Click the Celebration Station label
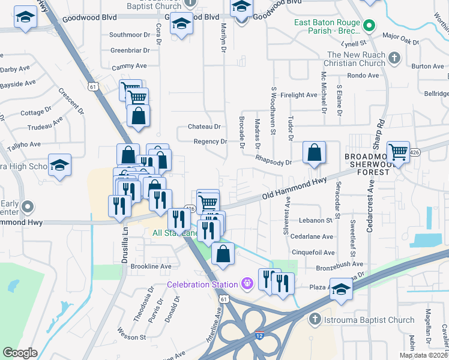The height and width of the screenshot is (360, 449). click(202, 284)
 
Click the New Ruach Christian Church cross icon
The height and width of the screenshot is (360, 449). click(394, 58)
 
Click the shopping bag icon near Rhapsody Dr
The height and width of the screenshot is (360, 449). click(314, 153)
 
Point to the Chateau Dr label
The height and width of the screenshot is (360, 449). click(205, 127)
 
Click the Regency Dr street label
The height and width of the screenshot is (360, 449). click(210, 142)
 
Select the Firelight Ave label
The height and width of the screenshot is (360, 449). click(298, 95)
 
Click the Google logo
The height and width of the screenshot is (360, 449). click(20, 353)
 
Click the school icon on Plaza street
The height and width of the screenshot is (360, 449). click(341, 290)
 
